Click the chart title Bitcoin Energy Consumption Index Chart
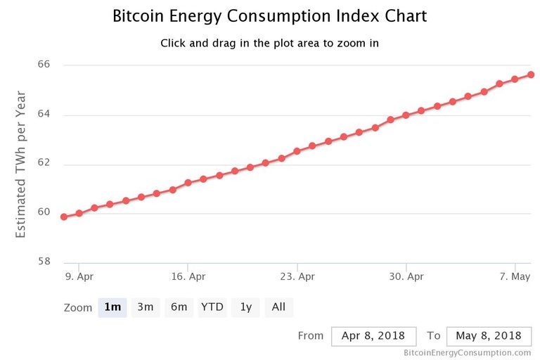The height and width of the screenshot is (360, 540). coord(269,16)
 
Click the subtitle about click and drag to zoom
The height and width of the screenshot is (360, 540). coord(269,43)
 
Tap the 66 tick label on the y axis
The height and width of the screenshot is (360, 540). coord(44,65)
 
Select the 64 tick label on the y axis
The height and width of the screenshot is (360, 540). coord(44,115)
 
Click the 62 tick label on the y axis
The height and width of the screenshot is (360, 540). coord(44,164)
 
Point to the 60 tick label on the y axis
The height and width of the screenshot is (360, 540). coord(44,212)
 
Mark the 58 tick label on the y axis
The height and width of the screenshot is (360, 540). coord(44,262)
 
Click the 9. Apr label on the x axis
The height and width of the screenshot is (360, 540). coord(79,276)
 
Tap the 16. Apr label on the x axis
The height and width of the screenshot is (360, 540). coord(188,276)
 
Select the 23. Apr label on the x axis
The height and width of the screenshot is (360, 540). coord(297,276)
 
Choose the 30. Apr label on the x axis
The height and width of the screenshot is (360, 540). coord(406,276)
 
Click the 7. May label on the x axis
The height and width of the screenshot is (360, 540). coord(515,276)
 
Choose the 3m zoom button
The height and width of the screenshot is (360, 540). coord(145,307)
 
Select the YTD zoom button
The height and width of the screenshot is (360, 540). coord(212,307)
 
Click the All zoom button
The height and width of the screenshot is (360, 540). coord(278,307)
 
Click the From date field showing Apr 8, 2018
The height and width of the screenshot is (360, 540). coord(373,336)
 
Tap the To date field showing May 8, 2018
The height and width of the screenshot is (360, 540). coord(488,336)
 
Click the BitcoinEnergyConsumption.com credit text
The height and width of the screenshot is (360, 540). coord(467,353)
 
